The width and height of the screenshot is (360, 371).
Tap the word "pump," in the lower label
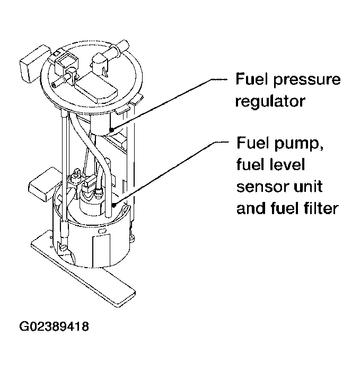coord(291,145)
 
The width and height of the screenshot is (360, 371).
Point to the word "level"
coord(286,165)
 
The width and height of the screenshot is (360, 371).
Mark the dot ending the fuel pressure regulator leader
coord(112,129)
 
